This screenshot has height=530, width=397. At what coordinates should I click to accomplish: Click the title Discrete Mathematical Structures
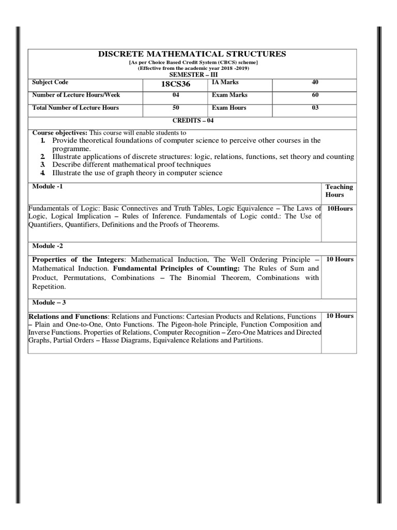tap(192, 54)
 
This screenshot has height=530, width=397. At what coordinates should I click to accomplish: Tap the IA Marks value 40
tap(315, 82)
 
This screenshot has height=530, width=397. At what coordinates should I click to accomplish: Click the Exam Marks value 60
tap(315, 95)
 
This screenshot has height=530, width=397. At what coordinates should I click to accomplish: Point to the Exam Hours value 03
tap(315, 108)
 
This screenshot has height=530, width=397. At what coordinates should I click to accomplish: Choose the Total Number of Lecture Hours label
tap(75, 108)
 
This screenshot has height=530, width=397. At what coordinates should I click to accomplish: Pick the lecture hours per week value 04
tap(176, 95)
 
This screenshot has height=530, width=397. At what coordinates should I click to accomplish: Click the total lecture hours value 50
tap(176, 108)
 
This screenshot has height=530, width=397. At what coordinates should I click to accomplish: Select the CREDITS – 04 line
tap(192, 120)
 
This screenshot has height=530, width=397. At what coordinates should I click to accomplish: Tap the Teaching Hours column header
tap(339, 190)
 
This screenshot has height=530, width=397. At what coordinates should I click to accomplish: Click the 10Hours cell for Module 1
tap(339, 208)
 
